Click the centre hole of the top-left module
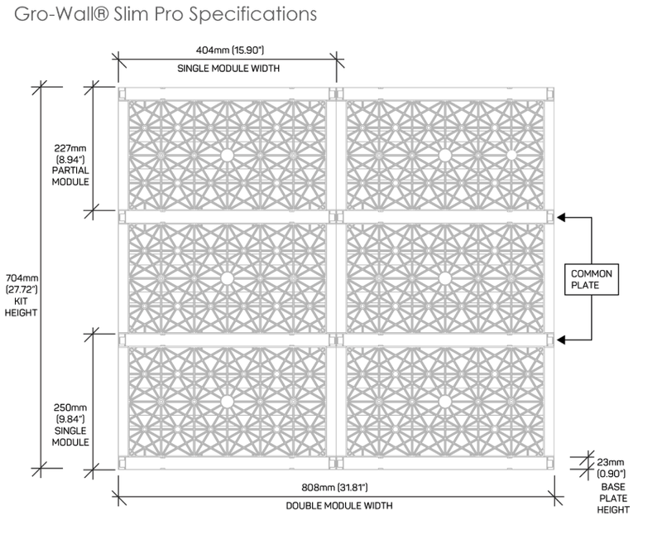[225, 155]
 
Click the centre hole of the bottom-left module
[225, 401]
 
